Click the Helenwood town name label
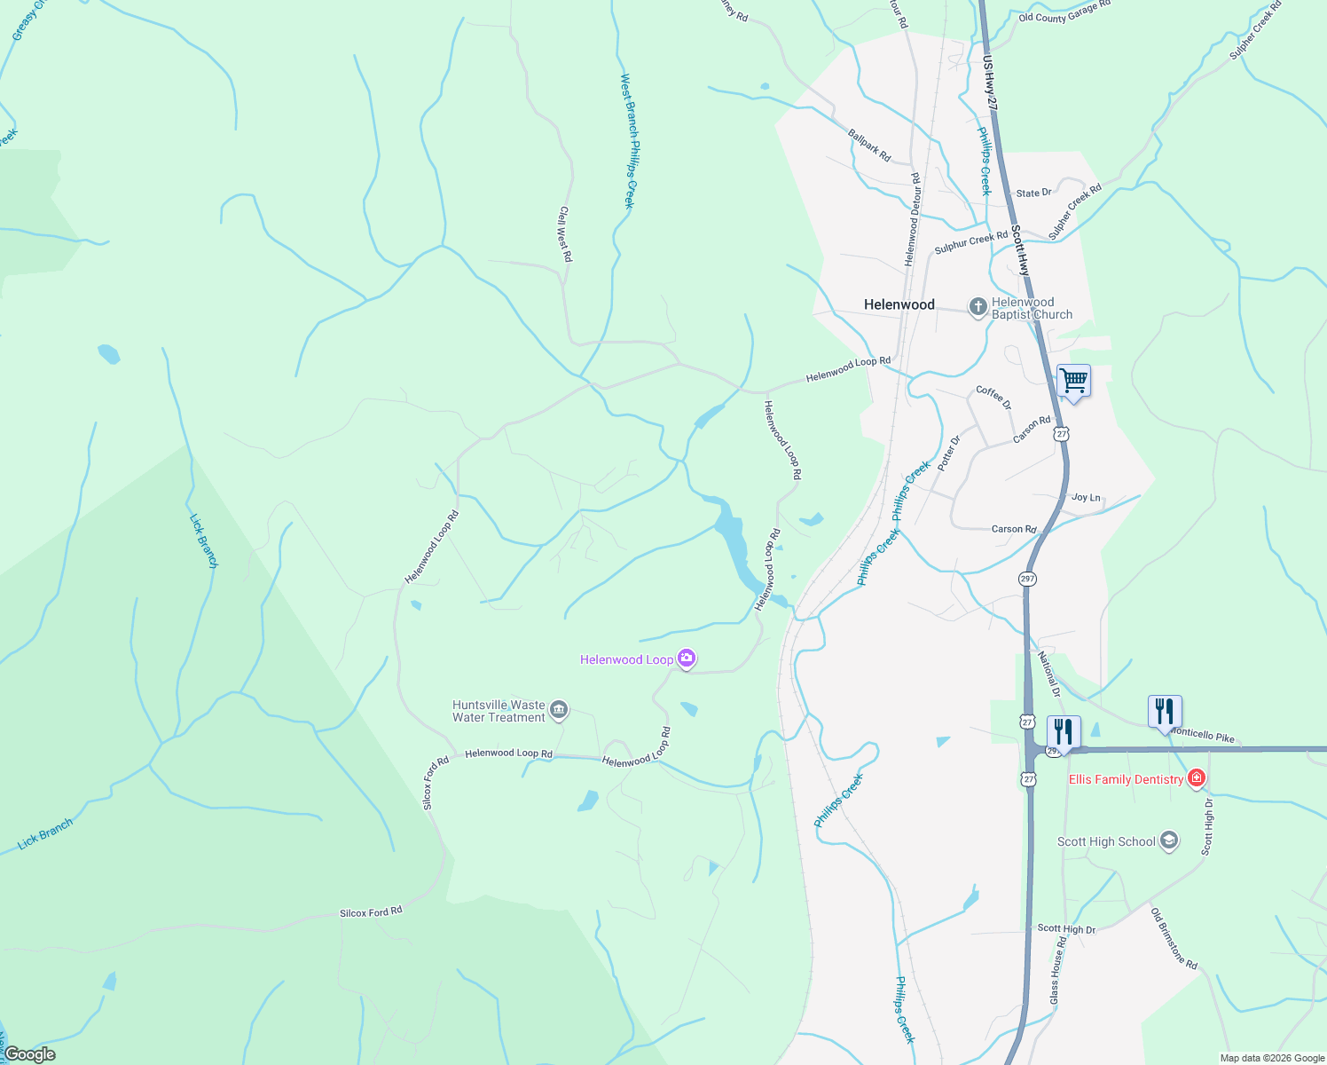[899, 304]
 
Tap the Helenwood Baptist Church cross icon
[978, 308]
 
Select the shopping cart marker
[1073, 382]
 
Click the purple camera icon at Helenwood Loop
[686, 659]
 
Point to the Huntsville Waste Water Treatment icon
[559, 709]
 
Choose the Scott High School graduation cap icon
[1169, 840]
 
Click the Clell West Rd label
[565, 234]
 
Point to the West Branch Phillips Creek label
[628, 141]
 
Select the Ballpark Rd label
[869, 145]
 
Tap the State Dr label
[1033, 193]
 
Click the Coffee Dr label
[993, 397]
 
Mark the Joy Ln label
[1086, 497]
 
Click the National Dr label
[1049, 673]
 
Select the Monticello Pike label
[1203, 736]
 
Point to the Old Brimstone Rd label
[1174, 939]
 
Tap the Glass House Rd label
[1056, 970]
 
